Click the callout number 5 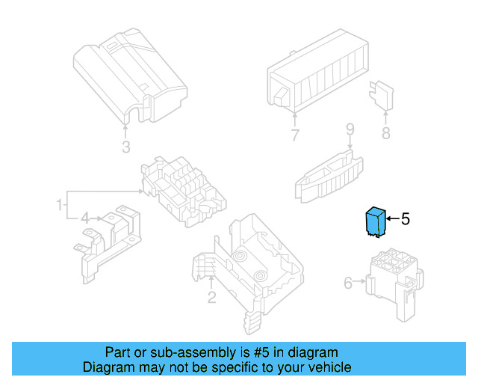pos(406,219)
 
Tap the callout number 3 pos(126,146)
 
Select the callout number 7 pos(295,136)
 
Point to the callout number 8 pos(385,134)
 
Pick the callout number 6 pos(348,283)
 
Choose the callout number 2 pos(211,298)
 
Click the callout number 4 pos(85,218)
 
